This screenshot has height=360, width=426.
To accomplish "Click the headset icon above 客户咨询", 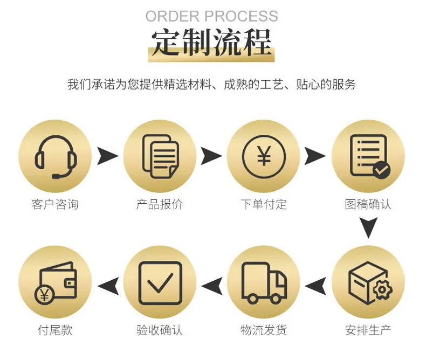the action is (x=56, y=157).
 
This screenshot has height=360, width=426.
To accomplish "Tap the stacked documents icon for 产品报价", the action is (x=160, y=156).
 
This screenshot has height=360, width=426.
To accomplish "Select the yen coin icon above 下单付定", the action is (x=264, y=156).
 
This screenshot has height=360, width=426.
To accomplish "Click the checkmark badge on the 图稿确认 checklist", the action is (x=381, y=170).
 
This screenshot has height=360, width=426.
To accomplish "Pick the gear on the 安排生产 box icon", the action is (x=382, y=290).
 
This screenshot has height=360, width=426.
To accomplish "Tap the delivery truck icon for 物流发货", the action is (x=264, y=283).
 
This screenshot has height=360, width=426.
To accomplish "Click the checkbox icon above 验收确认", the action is (x=160, y=283).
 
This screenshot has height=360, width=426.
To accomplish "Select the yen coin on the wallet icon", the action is (x=44, y=295).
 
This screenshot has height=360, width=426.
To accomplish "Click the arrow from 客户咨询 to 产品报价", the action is (x=108, y=156).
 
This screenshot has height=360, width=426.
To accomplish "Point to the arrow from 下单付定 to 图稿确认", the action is (x=315, y=156).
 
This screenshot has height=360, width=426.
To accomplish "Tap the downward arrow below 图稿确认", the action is (x=368, y=227).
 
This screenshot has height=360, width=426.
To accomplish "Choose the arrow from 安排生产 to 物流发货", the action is (x=315, y=286).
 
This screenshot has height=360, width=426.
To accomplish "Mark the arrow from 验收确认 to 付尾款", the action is (x=108, y=286).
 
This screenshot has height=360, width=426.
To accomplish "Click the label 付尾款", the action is (x=55, y=330).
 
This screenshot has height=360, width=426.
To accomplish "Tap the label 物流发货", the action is (x=264, y=330).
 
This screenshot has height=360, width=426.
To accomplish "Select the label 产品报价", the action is (x=160, y=204).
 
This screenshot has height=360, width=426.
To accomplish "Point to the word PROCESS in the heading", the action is (x=241, y=16).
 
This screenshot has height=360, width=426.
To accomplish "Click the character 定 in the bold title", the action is (x=166, y=43).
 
